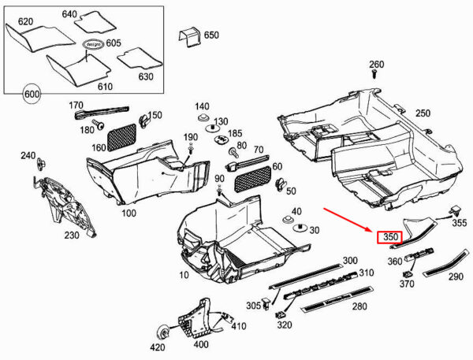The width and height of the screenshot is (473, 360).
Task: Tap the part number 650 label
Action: [x=211, y=35]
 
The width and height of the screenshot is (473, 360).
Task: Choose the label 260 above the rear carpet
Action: [x=376, y=65]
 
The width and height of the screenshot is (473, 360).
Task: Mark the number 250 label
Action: [x=423, y=113]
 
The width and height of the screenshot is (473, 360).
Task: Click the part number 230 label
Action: [x=72, y=235]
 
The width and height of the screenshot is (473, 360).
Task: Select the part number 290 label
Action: [x=456, y=277]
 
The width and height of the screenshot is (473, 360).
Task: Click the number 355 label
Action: [x=459, y=223]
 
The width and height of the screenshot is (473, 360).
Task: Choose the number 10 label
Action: [x=184, y=275]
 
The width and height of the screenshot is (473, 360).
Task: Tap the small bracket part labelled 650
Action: [x=188, y=36]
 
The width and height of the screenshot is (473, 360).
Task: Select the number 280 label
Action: [x=359, y=306]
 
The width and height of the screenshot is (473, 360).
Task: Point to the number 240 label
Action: [x=28, y=156]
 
